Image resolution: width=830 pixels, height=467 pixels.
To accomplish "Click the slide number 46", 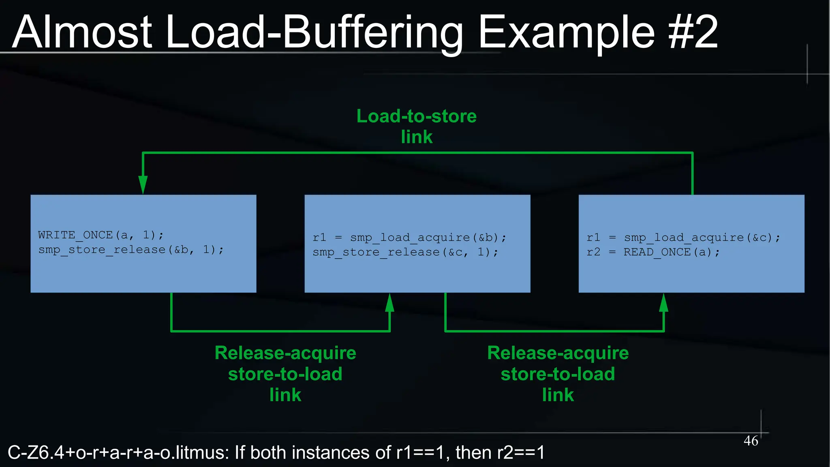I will coord(751,441).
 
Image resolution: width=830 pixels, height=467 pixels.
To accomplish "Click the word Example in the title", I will coord(567,32).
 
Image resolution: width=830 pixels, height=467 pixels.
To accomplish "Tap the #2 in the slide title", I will coord(693,32).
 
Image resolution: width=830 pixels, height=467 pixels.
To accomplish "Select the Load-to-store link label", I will coord(416,126).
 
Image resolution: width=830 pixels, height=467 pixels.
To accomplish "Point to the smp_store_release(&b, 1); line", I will coord(130,250).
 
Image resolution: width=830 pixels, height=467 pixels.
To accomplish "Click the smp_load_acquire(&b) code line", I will coord(409,238).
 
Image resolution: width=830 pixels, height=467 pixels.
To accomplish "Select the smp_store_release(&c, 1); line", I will coord(405,252).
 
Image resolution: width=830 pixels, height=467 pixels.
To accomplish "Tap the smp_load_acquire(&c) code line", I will coord(683,238).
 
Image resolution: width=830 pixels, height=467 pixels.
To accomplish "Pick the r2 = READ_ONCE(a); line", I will coord(653,252).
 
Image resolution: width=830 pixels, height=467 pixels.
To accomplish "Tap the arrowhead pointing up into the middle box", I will coord(389,303).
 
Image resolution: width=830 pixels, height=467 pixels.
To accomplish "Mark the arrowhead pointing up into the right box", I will coord(663,303).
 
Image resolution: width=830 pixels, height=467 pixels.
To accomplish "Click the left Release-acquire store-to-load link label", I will coord(285,374).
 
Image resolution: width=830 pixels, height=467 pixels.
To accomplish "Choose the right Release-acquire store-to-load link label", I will coord(558,374).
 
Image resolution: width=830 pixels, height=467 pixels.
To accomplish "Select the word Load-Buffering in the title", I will coord(314,32).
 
